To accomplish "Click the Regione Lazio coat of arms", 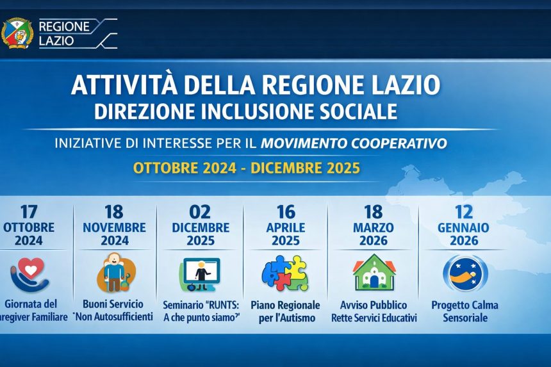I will click(x=18, y=32).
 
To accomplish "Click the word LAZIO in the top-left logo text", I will click(x=56, y=40).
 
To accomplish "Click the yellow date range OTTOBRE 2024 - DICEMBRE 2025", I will click(x=246, y=168).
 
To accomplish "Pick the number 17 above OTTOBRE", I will click(x=29, y=212).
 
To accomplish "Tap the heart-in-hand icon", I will click(x=29, y=274).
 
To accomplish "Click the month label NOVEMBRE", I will click(x=114, y=227).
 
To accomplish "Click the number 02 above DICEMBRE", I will click(x=200, y=212).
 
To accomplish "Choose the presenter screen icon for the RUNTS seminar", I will click(x=200, y=274).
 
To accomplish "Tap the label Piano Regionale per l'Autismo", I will click(x=283, y=311).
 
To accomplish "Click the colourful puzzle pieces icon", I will click(x=285, y=273).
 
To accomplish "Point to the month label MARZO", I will click(x=373, y=227).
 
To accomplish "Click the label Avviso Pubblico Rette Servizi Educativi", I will click(x=374, y=311).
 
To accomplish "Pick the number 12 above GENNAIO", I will click(x=464, y=212).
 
